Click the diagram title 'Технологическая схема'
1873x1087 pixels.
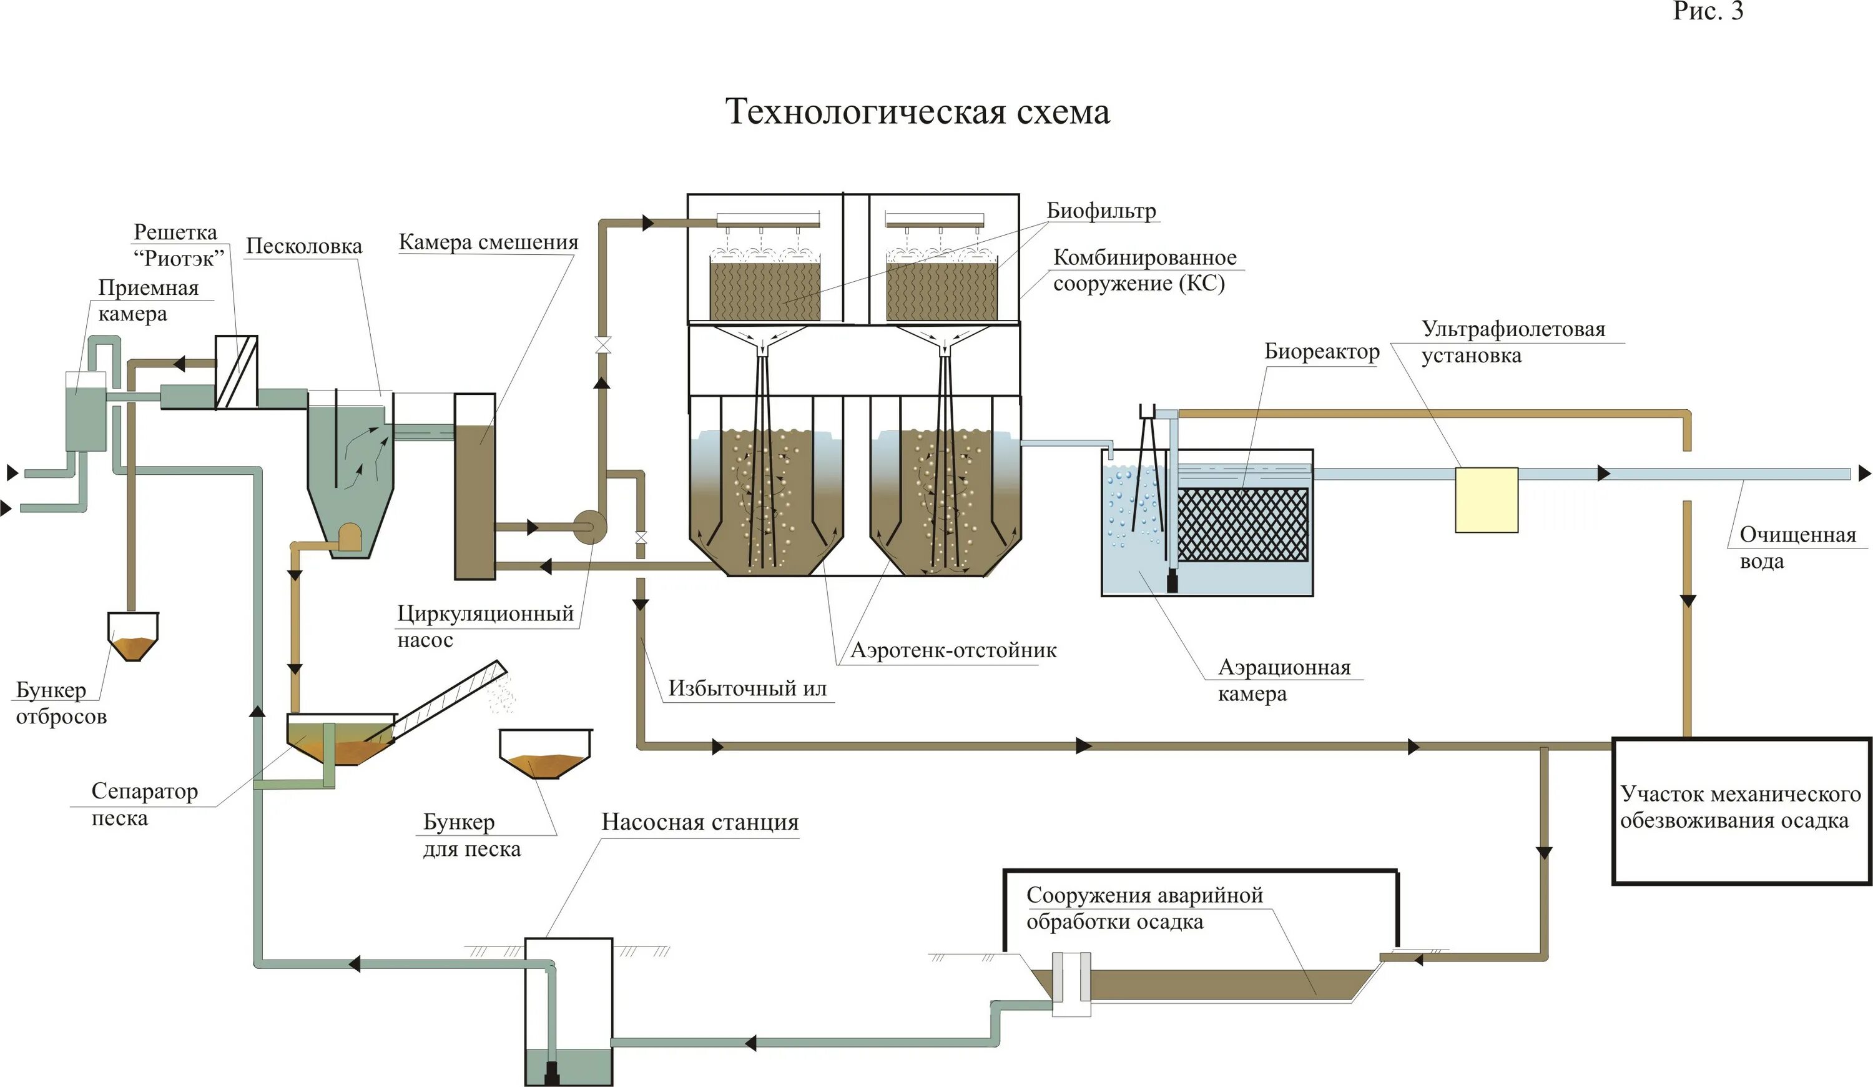click(x=917, y=112)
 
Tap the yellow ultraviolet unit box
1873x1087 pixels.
click(x=1487, y=500)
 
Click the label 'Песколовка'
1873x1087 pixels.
click(x=304, y=246)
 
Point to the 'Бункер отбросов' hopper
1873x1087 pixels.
click(x=133, y=637)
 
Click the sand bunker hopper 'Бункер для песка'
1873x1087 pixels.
click(x=546, y=754)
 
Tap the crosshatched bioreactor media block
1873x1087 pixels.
click(x=1242, y=524)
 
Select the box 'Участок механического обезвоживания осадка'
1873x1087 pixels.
click(x=1741, y=810)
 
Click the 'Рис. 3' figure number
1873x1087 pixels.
click(x=1708, y=11)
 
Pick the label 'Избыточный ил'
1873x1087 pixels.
click(x=747, y=688)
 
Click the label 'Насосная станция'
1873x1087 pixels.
click(x=700, y=822)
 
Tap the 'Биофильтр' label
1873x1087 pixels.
click(x=1101, y=211)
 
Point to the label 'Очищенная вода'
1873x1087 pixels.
click(x=1797, y=548)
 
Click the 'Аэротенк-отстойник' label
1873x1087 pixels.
click(x=953, y=650)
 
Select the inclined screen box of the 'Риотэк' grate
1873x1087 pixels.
click(x=237, y=372)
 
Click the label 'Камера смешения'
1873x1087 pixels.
click(x=488, y=242)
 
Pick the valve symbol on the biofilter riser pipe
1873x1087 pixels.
click(x=602, y=345)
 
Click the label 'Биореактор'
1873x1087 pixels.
click(x=1322, y=352)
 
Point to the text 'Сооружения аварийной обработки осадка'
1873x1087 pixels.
click(x=1144, y=908)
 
